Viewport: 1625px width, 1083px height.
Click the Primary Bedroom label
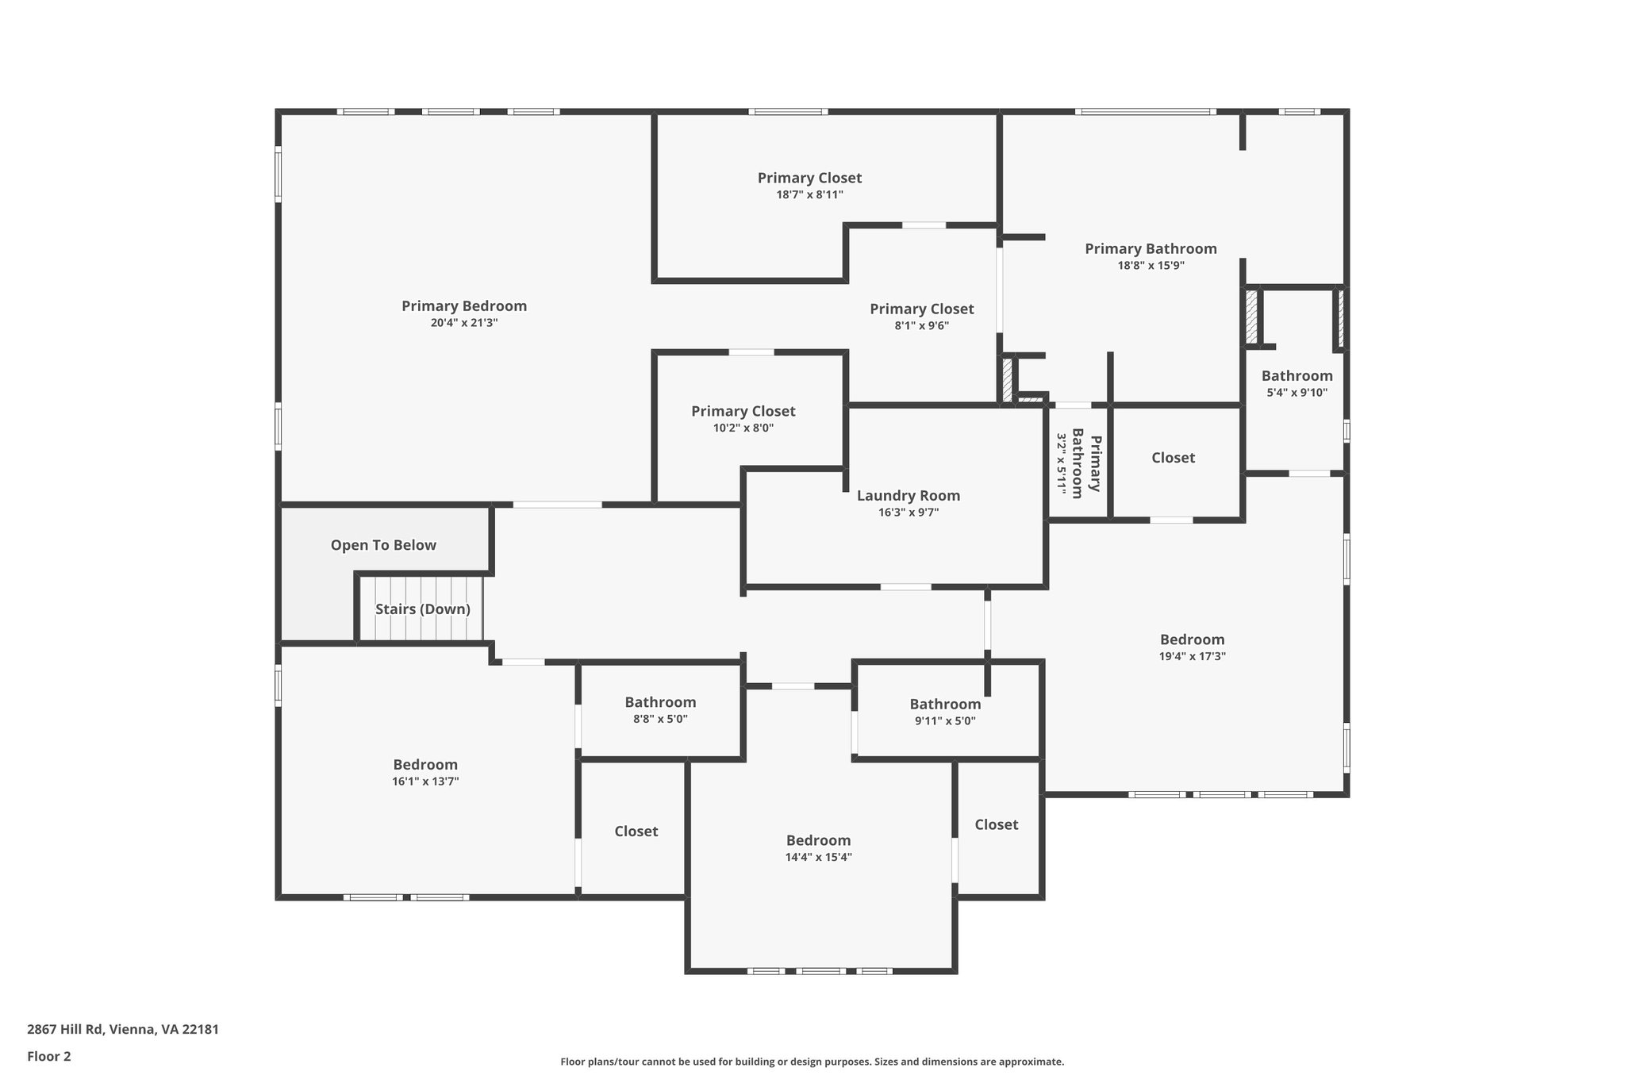(x=463, y=306)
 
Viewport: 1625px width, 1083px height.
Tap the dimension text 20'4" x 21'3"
(x=463, y=323)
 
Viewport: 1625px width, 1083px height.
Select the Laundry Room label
(x=908, y=496)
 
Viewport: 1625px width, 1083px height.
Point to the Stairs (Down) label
(x=422, y=609)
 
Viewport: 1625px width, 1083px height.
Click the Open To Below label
(x=383, y=545)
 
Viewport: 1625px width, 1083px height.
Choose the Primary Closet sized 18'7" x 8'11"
(x=809, y=179)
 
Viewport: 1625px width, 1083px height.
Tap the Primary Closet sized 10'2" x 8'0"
(x=743, y=411)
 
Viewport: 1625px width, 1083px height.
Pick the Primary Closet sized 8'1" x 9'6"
(x=921, y=309)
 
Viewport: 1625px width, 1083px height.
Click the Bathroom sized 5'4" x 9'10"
(x=1297, y=376)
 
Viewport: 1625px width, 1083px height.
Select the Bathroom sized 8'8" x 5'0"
(x=660, y=702)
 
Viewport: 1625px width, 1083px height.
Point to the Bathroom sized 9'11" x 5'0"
(x=945, y=705)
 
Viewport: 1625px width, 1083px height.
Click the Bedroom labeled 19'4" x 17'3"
(x=1192, y=639)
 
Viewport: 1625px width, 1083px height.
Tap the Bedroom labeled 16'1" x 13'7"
(x=425, y=765)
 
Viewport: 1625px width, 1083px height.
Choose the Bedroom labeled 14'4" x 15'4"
(x=818, y=840)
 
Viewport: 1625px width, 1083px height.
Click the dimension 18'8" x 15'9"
(x=1151, y=266)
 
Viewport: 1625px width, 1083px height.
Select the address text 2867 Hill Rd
(x=65, y=1029)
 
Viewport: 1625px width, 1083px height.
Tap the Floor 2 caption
(x=49, y=1056)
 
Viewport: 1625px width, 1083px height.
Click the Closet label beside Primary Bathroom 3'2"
(x=1173, y=458)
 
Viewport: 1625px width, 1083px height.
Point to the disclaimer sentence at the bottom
(x=812, y=1062)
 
